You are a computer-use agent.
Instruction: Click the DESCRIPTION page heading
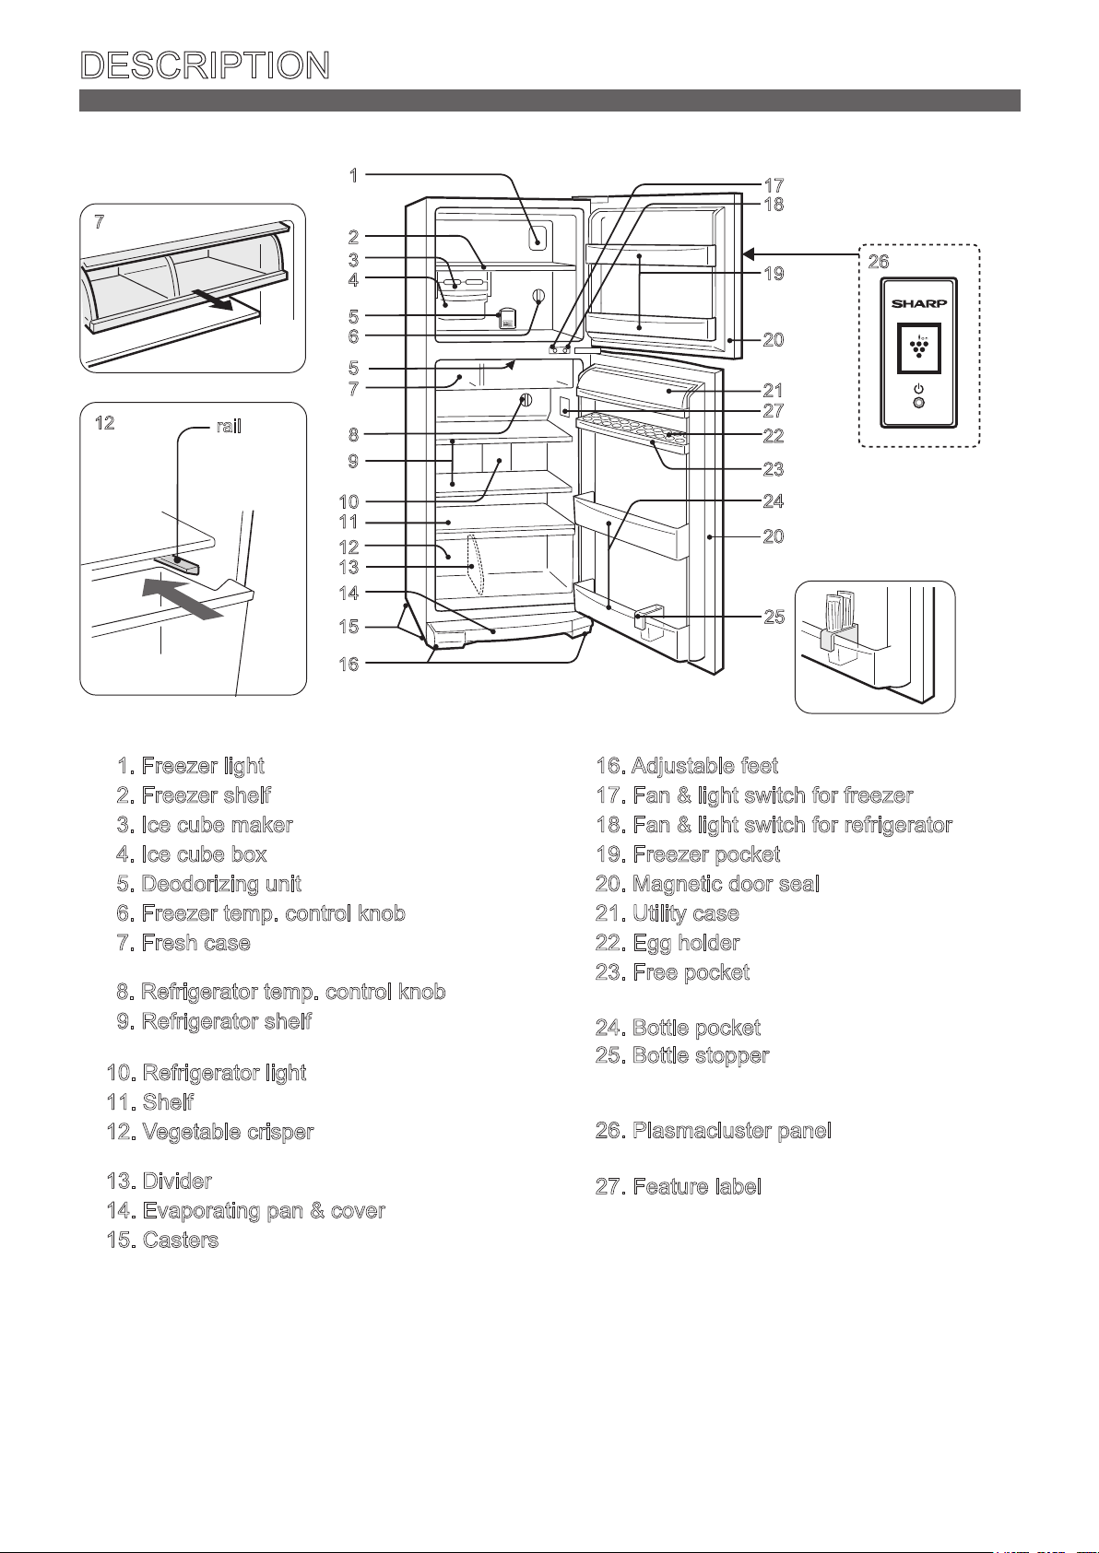click(206, 65)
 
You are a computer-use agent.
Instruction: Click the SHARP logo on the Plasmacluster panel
click(918, 303)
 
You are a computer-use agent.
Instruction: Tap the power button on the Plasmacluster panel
click(918, 402)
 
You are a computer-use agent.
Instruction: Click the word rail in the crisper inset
click(228, 427)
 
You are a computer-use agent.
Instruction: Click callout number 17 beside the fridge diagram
click(774, 186)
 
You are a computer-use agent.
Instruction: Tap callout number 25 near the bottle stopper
click(774, 617)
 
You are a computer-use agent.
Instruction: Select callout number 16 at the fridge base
click(349, 665)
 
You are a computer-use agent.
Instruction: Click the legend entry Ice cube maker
click(206, 825)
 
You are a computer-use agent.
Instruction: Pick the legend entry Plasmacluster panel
click(714, 1131)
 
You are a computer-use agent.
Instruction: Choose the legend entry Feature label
click(679, 1187)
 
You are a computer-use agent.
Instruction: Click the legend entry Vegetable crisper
click(210, 1132)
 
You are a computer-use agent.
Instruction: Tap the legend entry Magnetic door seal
click(707, 885)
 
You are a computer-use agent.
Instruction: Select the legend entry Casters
click(163, 1241)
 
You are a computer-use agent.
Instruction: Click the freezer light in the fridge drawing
click(538, 237)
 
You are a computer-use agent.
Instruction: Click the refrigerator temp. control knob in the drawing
click(526, 400)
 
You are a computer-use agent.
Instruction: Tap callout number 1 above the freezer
click(354, 176)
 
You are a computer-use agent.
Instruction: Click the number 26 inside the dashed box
click(879, 262)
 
